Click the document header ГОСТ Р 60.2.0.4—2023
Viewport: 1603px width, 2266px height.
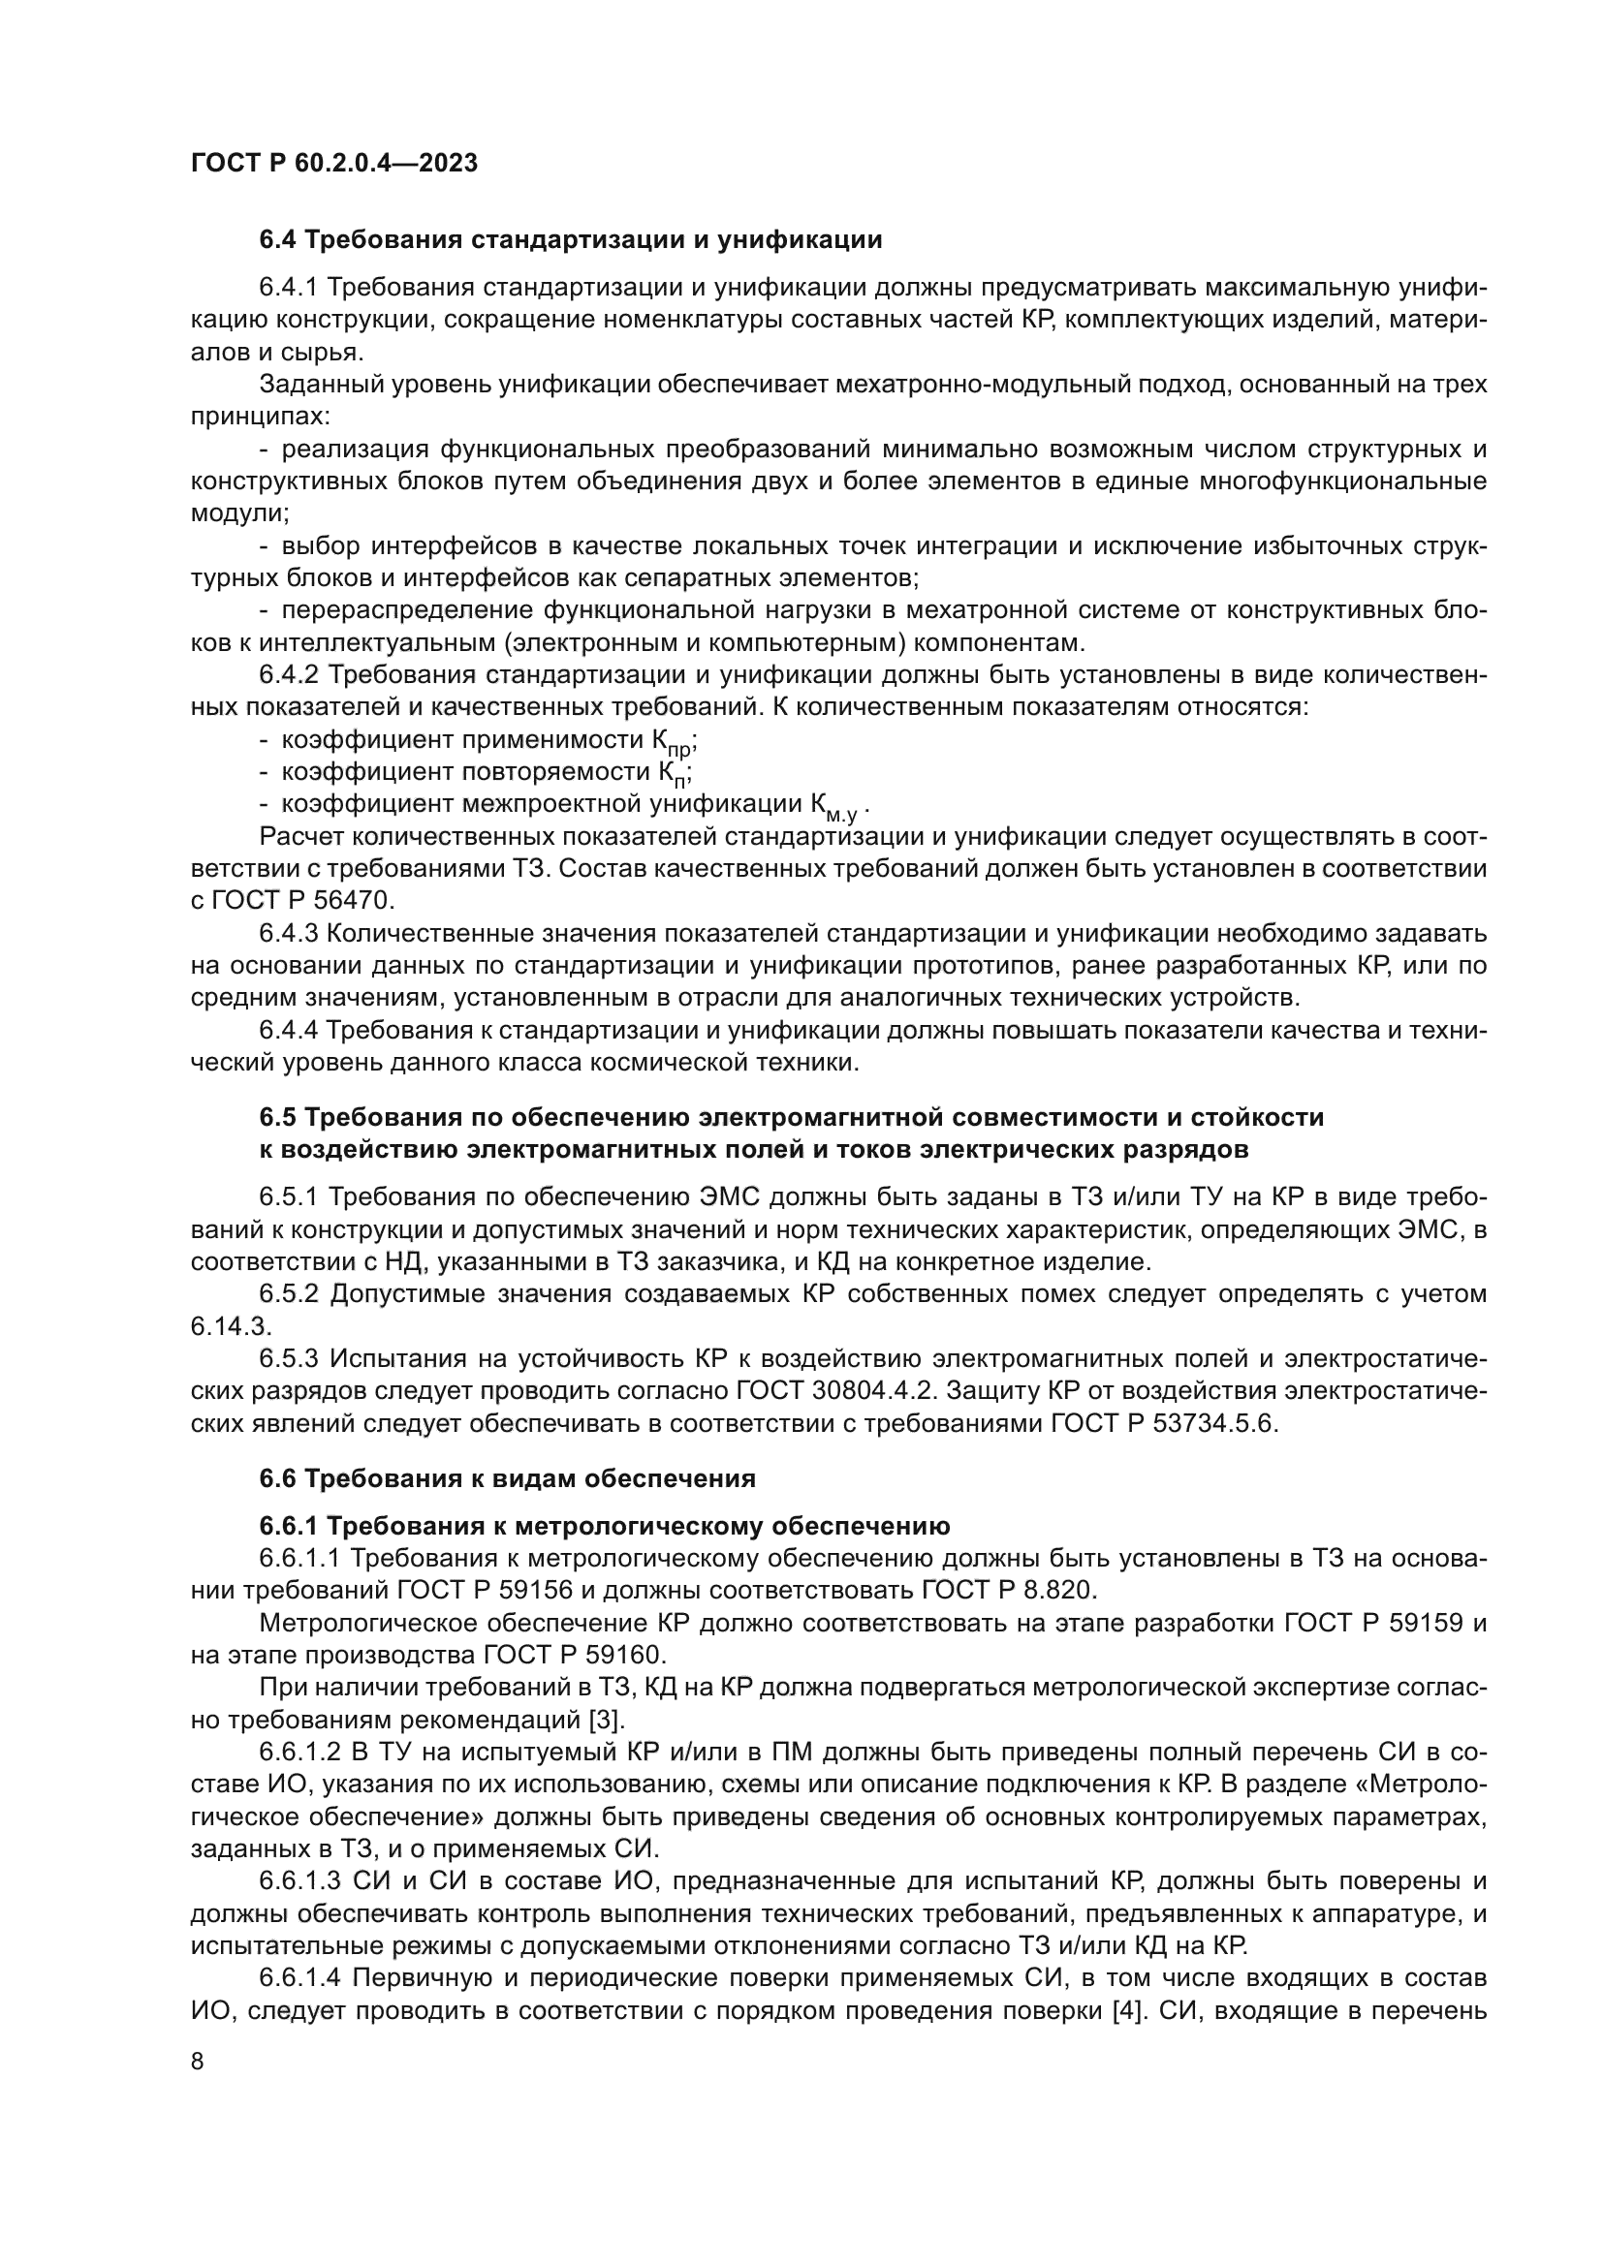coord(333,163)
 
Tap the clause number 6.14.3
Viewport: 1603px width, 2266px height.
coord(231,1326)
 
